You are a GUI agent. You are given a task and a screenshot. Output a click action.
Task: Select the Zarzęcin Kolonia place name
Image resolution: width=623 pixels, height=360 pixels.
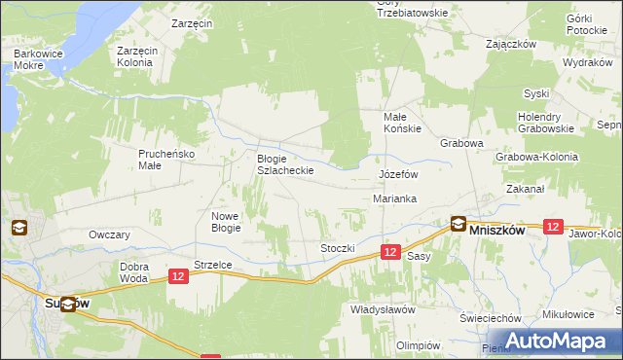(134, 56)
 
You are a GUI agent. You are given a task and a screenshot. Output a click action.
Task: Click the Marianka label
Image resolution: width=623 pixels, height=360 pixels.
(395, 198)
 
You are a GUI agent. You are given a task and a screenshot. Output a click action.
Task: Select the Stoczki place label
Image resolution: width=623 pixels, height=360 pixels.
(338, 248)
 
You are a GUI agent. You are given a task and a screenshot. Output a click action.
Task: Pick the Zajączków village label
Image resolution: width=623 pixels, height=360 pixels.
(512, 44)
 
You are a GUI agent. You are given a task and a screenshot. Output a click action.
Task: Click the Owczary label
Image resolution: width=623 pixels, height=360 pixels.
(109, 235)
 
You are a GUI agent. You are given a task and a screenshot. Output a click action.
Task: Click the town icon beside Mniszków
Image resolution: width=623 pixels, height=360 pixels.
(457, 223)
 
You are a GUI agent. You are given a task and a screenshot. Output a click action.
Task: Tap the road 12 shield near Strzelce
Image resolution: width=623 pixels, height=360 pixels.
(177, 277)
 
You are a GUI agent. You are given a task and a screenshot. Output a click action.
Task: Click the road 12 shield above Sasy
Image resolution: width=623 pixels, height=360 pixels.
(389, 252)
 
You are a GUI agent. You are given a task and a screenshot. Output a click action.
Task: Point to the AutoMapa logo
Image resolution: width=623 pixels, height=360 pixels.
(551, 341)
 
